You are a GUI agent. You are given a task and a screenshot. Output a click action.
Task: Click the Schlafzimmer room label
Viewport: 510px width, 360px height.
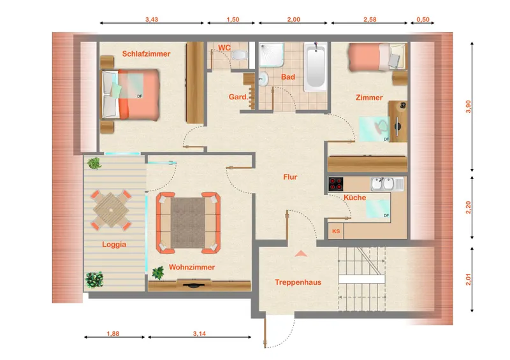coord(146,54)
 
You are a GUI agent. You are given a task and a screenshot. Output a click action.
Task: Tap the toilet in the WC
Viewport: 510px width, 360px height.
coord(240,55)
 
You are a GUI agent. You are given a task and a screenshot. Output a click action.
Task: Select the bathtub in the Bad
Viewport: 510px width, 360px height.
coord(315,67)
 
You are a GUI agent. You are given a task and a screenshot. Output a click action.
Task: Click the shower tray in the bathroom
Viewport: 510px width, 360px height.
coord(272,55)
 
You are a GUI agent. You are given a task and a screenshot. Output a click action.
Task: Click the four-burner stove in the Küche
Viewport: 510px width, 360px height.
coord(336,184)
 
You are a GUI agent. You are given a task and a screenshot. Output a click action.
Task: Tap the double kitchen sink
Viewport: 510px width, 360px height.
coord(387,184)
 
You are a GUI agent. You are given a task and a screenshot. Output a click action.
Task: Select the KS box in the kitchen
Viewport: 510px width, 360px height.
coord(336,231)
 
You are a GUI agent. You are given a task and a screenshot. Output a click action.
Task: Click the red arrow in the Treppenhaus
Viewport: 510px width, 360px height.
coord(301,254)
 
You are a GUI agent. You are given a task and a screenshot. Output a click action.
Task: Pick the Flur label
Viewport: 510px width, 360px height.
coord(290,177)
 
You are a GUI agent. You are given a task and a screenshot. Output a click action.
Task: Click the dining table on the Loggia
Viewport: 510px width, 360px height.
coord(111,210)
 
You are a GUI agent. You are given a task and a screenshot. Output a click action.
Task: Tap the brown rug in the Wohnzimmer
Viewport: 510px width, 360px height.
coord(187,223)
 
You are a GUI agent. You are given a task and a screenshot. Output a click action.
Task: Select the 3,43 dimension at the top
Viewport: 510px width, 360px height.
coord(152,20)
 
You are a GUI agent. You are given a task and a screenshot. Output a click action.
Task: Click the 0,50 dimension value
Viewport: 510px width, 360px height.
coord(423,20)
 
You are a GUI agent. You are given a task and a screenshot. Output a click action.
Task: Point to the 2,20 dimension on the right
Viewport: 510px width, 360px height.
coord(469,208)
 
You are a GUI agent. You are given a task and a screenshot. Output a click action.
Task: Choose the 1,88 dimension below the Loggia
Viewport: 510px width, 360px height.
coord(113,334)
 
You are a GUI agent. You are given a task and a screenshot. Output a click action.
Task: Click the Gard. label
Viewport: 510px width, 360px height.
coord(238,97)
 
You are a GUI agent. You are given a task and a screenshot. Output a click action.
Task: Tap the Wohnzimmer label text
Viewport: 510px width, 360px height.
coord(192,268)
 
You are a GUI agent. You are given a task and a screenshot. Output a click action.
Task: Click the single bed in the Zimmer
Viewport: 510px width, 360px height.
coord(377,57)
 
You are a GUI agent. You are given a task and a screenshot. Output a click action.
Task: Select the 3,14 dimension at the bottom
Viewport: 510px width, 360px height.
coord(200,334)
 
